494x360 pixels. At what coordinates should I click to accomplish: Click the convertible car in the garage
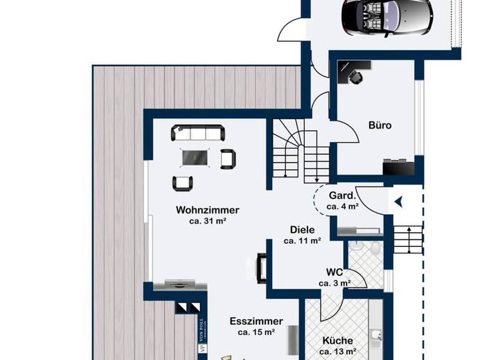tap(387, 17)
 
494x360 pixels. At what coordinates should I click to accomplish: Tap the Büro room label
tap(380, 125)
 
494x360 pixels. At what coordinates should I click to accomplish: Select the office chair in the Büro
tap(355, 76)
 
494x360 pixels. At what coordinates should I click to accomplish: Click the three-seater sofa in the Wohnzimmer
tap(198, 133)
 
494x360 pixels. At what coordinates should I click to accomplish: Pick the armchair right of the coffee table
tap(228, 158)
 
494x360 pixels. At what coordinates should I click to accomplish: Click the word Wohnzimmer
tap(207, 210)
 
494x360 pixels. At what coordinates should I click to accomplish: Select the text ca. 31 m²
tap(207, 221)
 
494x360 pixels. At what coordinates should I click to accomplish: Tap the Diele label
tap(302, 230)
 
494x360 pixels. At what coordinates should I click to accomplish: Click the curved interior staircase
tap(299, 151)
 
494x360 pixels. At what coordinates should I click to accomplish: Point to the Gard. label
tap(342, 195)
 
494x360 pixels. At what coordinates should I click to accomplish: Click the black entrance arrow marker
tap(399, 202)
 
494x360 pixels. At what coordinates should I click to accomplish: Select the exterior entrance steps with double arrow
tap(408, 239)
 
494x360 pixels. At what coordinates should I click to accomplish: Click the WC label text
tap(334, 272)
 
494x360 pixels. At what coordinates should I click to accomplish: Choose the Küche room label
tap(338, 341)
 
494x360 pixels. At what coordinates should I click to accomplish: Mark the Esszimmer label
tap(256, 321)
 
